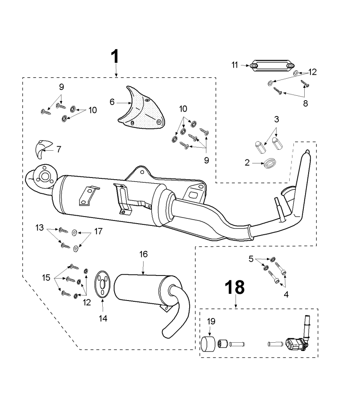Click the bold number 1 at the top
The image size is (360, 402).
(115, 57)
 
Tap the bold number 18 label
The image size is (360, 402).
(235, 288)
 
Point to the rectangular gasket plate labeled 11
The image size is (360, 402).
(271, 66)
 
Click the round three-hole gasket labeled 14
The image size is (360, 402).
(102, 285)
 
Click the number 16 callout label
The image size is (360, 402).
(144, 254)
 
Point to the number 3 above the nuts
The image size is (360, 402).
(276, 119)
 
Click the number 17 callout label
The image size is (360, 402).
(97, 231)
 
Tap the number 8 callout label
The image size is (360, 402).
(306, 104)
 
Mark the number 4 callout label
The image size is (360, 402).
(286, 295)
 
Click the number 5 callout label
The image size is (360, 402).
(252, 259)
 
